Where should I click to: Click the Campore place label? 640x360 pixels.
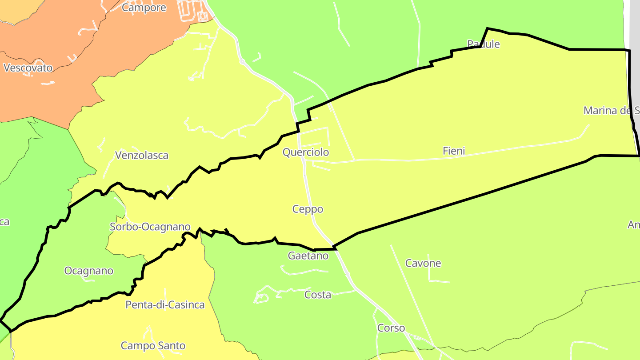point(144,8)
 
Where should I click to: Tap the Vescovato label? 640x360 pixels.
point(28,68)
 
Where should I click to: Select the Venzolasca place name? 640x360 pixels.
point(142,156)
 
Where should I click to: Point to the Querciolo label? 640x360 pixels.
point(306,152)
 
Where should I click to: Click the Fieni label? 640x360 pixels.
point(454,151)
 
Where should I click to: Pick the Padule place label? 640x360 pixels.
point(484,44)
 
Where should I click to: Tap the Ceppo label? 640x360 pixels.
point(308,209)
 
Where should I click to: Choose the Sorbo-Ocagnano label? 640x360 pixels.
point(150,227)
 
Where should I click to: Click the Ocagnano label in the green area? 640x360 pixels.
point(89,271)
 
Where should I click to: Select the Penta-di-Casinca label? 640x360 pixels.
point(165,305)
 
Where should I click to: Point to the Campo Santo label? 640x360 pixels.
point(153,346)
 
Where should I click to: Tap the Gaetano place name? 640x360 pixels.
point(308,256)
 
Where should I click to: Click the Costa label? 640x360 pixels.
point(317,295)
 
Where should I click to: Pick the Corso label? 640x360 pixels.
point(391,328)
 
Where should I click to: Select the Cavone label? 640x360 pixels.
point(423,263)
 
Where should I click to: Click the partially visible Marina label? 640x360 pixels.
point(612,111)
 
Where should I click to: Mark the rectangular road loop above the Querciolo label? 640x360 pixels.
point(314,137)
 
